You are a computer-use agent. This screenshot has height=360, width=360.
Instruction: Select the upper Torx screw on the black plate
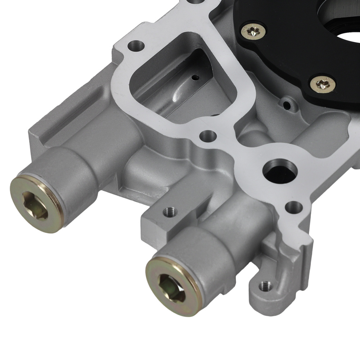click(254, 31)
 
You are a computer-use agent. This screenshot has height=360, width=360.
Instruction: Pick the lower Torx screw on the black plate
click(323, 84)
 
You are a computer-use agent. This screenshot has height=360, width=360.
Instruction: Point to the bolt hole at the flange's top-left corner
click(136, 46)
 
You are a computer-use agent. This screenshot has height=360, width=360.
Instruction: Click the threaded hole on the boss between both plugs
click(170, 212)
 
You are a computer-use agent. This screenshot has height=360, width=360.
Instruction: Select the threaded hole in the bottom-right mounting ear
click(265, 286)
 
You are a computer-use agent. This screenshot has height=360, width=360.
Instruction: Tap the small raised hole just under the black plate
click(287, 105)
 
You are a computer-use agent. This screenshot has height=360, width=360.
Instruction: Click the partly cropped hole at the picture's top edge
click(194, 1)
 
